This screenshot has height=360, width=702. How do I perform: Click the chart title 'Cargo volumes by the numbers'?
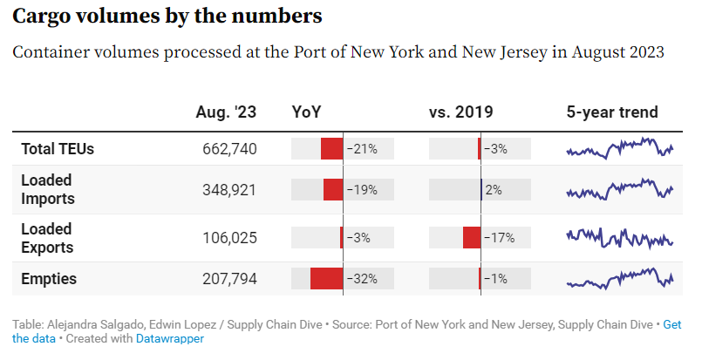(167, 17)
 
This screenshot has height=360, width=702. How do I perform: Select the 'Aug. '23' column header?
(226, 112)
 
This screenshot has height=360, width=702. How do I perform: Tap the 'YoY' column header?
(306, 112)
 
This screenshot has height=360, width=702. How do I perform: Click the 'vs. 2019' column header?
(460, 112)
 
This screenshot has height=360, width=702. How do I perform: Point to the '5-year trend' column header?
(612, 112)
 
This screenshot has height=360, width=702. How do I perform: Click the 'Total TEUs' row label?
(58, 149)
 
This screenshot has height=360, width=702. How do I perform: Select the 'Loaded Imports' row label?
(47, 189)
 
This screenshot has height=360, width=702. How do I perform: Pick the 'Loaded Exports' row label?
(47, 238)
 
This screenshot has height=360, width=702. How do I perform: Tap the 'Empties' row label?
(49, 279)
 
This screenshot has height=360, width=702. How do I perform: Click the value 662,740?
(228, 149)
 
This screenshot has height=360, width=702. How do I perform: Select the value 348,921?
(228, 190)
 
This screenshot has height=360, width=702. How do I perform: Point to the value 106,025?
(228, 238)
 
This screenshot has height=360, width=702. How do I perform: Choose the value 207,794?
(228, 279)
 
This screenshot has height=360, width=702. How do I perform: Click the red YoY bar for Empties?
(326, 279)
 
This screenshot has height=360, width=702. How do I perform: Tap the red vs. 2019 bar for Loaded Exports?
(472, 238)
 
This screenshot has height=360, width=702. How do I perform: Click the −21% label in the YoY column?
(362, 149)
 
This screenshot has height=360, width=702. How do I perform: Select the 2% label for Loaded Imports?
(494, 190)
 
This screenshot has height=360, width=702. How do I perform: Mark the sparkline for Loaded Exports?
(620, 237)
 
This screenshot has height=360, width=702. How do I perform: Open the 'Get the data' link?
(671, 325)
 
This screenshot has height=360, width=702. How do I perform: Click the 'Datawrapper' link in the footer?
(170, 338)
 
